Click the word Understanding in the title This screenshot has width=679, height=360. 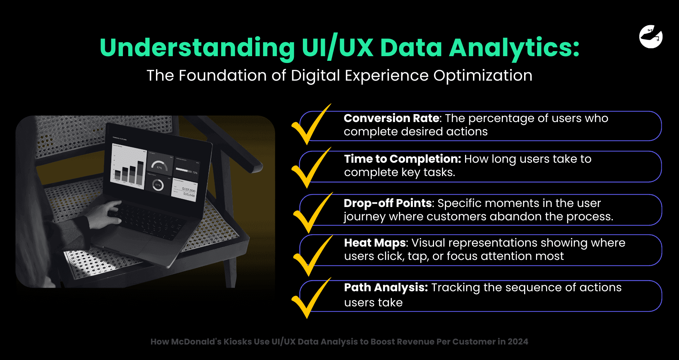(197, 48)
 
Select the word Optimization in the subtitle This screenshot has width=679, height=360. (483, 76)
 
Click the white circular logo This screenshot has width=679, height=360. (651, 36)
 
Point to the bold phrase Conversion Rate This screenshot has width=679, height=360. (392, 118)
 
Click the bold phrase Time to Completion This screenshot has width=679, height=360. (402, 159)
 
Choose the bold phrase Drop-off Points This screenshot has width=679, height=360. (388, 203)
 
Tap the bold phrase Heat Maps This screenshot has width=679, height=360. (375, 243)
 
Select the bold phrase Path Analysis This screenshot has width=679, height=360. (386, 287)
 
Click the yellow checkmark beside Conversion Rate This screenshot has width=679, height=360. (310, 126)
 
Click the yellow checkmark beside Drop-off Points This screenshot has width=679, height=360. (311, 214)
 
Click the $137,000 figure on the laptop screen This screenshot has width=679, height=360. (188, 189)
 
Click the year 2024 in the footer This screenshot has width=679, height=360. (518, 342)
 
